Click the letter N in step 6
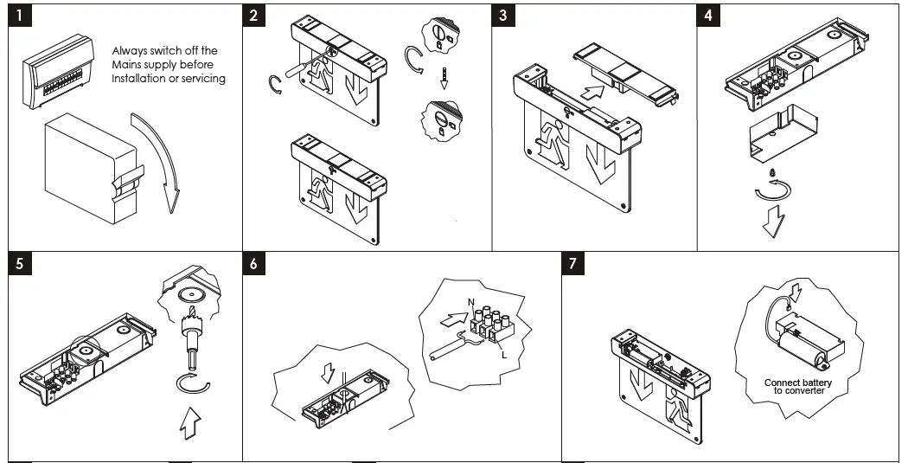(472, 300)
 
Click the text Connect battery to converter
(797, 386)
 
